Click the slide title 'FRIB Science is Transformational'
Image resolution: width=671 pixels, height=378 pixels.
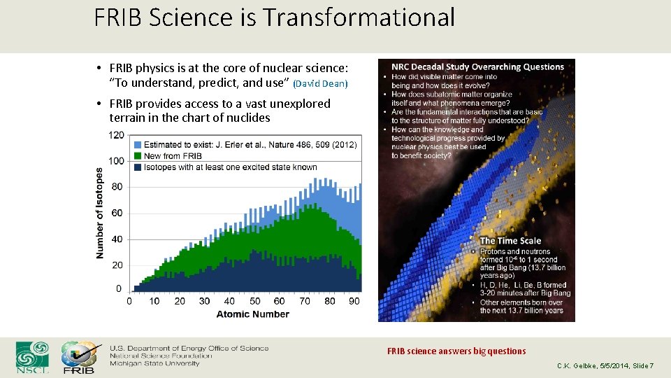tap(274, 17)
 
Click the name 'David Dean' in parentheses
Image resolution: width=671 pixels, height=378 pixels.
tap(319, 84)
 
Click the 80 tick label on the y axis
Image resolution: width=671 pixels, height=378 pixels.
tap(117, 187)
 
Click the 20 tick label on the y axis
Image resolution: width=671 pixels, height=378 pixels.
tap(117, 265)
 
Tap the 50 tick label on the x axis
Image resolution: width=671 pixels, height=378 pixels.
tap(254, 301)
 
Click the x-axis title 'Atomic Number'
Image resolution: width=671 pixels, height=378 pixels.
tap(252, 314)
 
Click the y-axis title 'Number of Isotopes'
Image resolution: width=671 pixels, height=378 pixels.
tap(100, 213)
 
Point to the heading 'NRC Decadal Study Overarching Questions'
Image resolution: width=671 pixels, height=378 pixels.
tap(477, 67)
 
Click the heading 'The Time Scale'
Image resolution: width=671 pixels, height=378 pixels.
tap(510, 241)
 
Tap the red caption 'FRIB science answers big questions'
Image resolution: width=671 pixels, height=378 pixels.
tap(456, 351)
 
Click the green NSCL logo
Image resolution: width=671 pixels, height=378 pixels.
tap(33, 357)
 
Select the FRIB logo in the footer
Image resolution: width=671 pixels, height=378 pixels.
tap(79, 358)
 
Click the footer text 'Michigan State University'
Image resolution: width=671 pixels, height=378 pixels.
tap(154, 363)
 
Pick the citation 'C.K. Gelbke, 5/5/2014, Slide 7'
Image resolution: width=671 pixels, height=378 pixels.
tap(605, 366)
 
